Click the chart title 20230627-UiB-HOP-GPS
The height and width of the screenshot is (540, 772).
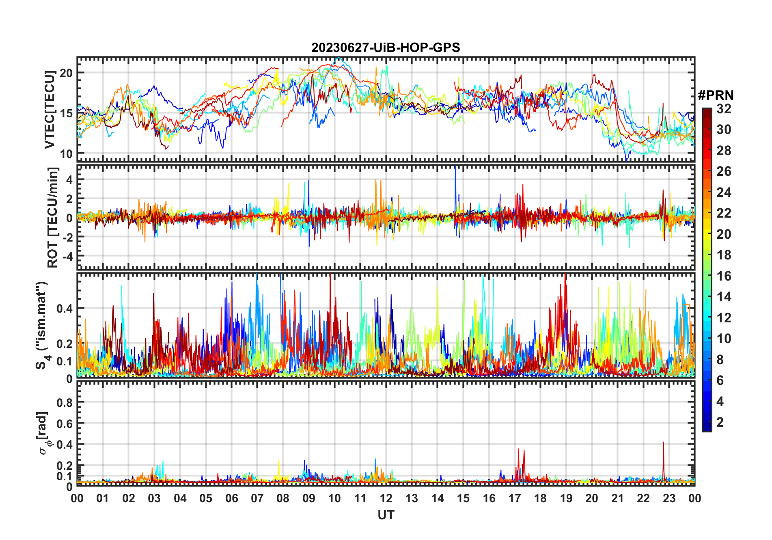386,48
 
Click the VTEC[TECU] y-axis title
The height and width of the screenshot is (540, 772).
50,110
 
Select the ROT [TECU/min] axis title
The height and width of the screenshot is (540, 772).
53,217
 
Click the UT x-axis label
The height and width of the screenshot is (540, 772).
386,515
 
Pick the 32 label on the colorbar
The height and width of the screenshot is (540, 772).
724,109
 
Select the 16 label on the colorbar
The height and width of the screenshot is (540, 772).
724,276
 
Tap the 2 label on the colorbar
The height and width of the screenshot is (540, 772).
720,422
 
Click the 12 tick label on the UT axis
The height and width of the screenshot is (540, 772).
386,498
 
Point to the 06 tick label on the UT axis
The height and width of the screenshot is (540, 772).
231,498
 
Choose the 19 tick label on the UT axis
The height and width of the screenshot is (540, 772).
566,498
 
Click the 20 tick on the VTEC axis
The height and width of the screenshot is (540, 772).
66,73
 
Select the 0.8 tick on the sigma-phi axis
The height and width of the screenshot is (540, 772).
65,402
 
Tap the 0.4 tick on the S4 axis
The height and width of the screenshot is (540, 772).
65,309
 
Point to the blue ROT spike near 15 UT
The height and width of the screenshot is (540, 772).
455,171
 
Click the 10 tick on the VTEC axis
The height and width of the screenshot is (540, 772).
66,153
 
